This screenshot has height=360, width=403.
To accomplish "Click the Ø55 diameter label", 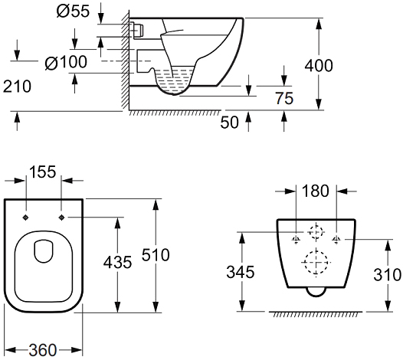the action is tap(73, 11).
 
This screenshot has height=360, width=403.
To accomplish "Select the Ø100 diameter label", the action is tap(66, 62).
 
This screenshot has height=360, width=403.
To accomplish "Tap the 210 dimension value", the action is tap(17, 87).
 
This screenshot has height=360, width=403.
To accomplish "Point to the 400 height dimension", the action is tap(319, 66).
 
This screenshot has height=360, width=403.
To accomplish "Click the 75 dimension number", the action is tap(284, 98).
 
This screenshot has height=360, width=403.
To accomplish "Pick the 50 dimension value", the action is tap(230, 123).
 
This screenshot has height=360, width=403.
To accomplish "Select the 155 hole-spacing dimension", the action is tap(43, 172).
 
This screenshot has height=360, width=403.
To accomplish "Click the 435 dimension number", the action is tap(117, 263).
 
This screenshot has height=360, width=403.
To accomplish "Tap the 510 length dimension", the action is tap(156, 255).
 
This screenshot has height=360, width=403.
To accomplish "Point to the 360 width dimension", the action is tap(43, 350).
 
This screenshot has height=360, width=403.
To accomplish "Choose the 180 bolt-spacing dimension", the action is tap(316, 191).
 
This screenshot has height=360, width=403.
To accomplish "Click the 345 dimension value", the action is tap(241, 272).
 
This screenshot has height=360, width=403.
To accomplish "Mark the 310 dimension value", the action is tap(387, 274).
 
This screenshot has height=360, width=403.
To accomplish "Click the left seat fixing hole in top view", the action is tap(26, 218).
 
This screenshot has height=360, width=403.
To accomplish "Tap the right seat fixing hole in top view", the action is tap(61, 218).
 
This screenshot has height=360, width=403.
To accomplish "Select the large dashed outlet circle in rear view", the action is tap(316, 263).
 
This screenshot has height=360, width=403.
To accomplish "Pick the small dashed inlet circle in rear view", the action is tap(316, 232).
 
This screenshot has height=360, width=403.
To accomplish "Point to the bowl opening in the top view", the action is tap(44, 251).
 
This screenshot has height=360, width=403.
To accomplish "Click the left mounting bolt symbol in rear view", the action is tap(296, 240).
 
